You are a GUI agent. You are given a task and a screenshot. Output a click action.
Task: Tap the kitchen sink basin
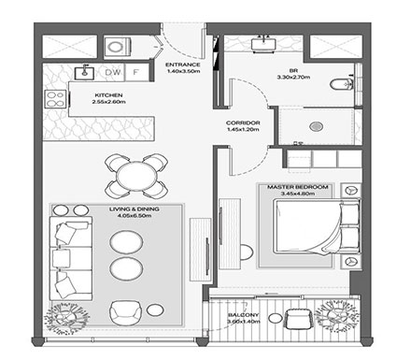pos(83,72)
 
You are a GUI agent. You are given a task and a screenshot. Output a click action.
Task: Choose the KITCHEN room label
pos(109,96)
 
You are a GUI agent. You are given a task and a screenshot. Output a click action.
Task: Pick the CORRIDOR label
pos(243,122)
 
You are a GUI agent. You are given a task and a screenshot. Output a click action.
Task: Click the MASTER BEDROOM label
pos(298,188)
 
